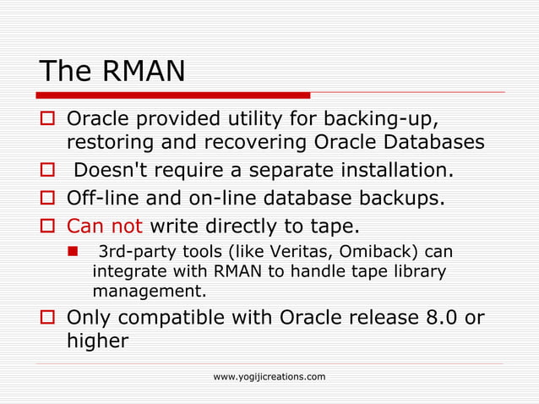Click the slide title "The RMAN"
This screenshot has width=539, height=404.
pos(112,71)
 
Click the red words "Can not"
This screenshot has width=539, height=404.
pos(105,226)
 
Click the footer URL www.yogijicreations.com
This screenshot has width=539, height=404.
pos(269,376)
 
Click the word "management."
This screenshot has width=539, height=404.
pos(148,292)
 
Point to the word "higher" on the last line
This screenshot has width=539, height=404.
pos(97,341)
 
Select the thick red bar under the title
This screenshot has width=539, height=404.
pos(174,96)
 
